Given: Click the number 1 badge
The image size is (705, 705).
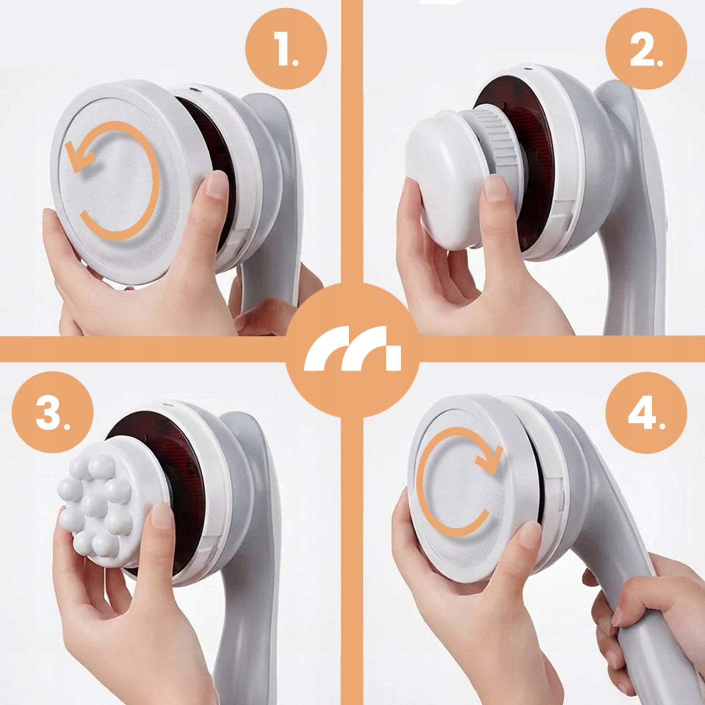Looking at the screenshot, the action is [x=286, y=49].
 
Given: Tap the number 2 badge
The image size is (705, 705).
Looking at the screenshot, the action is [x=646, y=49].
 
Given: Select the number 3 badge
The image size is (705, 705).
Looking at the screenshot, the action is [x=53, y=413].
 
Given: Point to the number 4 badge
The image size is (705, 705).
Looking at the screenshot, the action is [x=646, y=413].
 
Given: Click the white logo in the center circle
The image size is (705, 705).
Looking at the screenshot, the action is [x=352, y=348].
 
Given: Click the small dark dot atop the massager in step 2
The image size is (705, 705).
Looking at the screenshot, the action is [x=527, y=68].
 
